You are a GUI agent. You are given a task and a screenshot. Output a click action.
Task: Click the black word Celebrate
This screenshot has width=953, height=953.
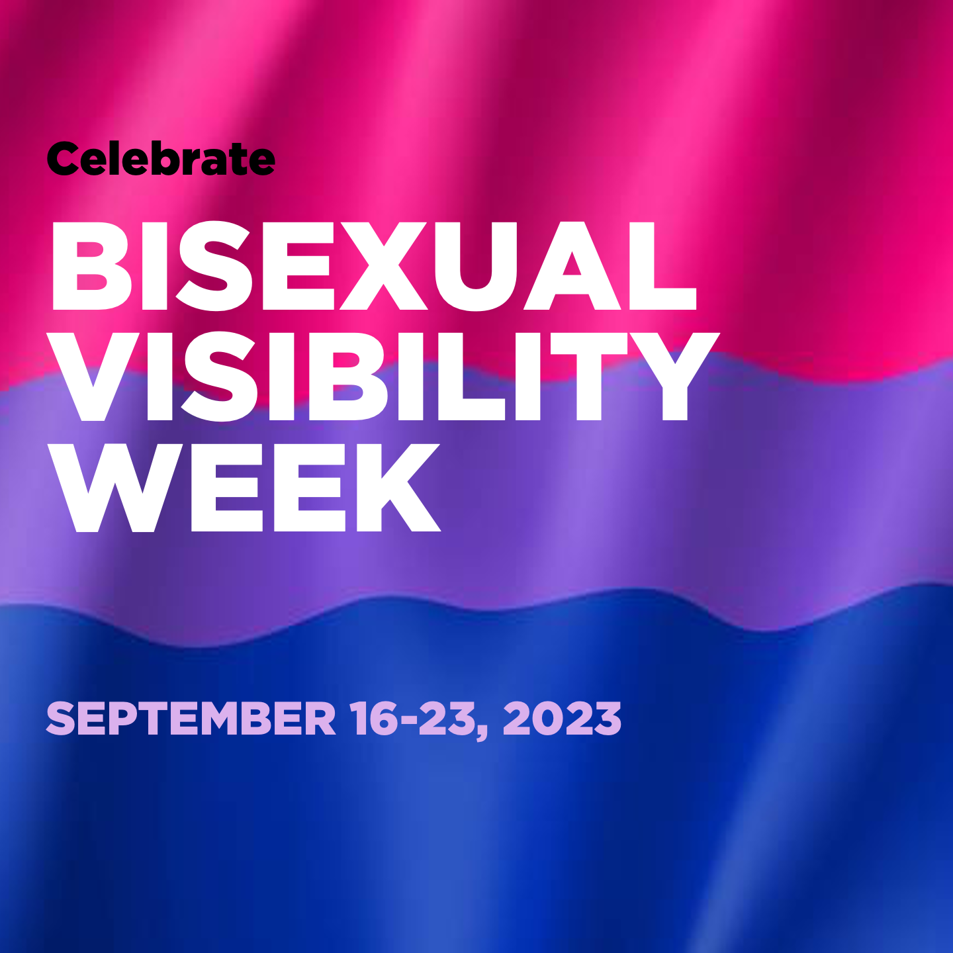[161, 159]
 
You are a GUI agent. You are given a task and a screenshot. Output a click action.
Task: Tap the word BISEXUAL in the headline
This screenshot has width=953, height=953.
[374, 266]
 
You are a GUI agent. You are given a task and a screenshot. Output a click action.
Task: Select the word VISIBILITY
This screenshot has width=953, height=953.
[383, 377]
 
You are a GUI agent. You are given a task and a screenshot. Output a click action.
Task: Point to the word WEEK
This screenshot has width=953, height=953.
[245, 487]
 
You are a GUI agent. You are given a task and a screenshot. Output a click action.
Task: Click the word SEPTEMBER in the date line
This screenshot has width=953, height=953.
[191, 719]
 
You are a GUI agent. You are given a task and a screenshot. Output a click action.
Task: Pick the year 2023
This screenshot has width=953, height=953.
[562, 719]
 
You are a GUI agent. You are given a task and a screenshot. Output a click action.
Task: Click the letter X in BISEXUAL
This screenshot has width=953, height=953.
[384, 266]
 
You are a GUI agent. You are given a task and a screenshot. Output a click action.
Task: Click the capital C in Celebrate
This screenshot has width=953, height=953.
[64, 159]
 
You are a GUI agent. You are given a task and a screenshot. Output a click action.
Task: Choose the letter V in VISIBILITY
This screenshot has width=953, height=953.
[93, 377]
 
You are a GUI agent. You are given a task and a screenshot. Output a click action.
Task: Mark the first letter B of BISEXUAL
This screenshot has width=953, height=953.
[91, 266]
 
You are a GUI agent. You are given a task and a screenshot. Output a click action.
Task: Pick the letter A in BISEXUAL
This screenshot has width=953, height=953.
[572, 266]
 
